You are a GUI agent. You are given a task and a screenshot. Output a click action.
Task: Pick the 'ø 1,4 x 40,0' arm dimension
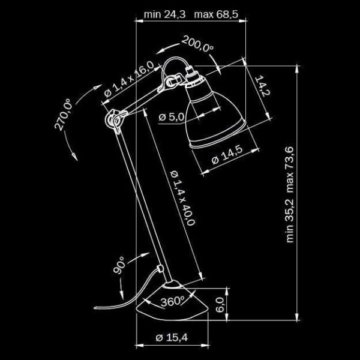[183, 196]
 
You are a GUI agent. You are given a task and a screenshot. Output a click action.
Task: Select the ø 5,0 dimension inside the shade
[170, 117]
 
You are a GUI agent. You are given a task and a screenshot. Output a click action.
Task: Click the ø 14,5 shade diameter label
[227, 157]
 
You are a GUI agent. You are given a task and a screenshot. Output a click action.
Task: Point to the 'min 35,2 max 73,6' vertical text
[290, 195]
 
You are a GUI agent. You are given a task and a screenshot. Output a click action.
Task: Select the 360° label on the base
[173, 301]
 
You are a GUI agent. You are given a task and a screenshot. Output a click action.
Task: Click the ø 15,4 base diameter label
[172, 337]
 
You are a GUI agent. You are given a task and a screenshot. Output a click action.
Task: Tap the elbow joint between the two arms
[112, 120]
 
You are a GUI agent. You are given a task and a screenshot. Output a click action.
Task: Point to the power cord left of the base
[129, 294]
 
